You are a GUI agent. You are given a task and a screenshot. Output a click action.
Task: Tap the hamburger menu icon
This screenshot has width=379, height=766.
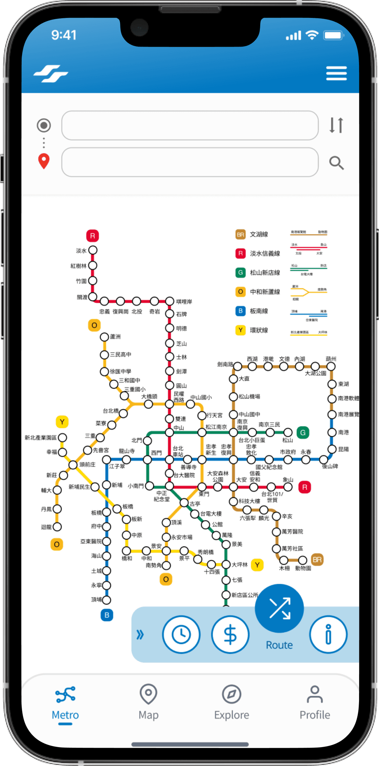pos(336,73)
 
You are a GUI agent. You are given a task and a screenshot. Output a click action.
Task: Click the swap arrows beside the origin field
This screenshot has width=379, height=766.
pos(336,125)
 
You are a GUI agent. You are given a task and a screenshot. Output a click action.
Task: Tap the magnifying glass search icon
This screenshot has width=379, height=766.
pos(336,163)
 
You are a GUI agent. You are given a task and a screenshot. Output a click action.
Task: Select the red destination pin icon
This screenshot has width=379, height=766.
pos(44,161)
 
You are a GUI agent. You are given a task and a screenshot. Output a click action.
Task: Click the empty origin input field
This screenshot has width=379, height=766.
pos(190,125)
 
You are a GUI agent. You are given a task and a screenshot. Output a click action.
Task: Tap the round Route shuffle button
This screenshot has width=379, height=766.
pos(279,608)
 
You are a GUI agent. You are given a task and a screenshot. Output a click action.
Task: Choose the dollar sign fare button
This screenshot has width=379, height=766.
pos(230,635)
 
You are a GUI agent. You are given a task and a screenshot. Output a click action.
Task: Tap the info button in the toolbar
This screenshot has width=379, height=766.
pos(328,635)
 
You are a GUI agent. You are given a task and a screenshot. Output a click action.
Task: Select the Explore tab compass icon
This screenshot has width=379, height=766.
pos(231,695)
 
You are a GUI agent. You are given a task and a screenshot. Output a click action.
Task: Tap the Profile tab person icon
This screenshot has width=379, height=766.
pos(315,695)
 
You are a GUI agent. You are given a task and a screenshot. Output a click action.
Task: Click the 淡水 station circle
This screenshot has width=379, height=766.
pos(93,250)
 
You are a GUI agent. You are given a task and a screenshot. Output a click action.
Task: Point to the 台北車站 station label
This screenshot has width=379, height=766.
pos(178,451)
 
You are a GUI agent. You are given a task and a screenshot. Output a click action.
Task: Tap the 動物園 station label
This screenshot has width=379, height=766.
pos(303,568)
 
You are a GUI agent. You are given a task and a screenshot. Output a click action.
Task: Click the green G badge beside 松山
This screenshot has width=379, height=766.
pos(303,433)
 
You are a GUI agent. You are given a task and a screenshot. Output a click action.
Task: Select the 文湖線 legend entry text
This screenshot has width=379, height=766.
pos(259,234)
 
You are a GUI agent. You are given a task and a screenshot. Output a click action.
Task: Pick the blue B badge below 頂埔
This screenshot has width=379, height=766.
pos(107,615)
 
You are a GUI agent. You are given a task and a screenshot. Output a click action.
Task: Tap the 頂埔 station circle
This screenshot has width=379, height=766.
pos(107,600)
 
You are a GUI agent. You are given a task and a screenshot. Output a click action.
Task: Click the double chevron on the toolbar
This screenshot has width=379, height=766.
pos(140,635)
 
